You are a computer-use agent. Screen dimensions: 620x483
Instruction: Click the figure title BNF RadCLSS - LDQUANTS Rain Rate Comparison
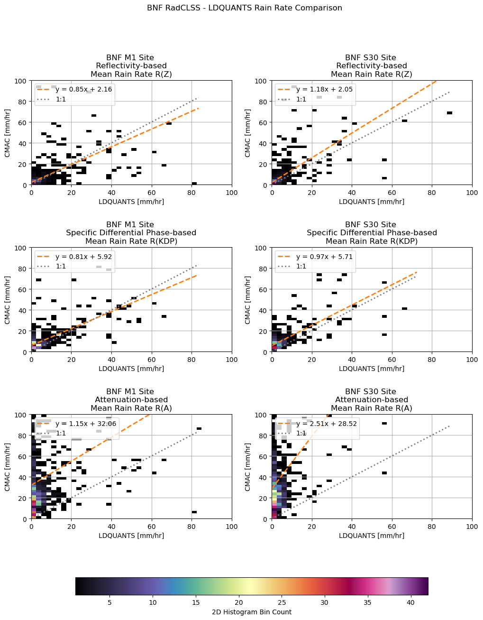(x=244, y=8)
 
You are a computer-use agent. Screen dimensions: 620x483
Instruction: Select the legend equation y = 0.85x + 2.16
(x=83, y=89)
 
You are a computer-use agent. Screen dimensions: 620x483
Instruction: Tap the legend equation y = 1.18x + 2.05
(x=324, y=89)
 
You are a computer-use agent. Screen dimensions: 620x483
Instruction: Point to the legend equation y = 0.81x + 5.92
(x=83, y=257)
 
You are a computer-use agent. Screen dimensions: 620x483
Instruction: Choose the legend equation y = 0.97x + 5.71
(x=324, y=257)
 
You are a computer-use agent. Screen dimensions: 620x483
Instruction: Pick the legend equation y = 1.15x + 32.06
(x=86, y=424)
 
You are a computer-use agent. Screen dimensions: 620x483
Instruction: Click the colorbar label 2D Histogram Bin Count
(x=251, y=612)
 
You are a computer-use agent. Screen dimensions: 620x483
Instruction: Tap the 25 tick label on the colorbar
(x=282, y=602)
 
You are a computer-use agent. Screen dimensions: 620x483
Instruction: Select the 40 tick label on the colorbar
(x=410, y=602)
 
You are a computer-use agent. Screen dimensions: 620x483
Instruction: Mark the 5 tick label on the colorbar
(x=109, y=602)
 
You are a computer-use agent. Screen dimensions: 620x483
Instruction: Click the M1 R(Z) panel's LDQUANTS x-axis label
(x=131, y=202)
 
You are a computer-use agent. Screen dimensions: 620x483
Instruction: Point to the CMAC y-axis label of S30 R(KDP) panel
(x=248, y=300)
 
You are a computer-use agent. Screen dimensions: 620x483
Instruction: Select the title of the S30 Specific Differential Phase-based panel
(x=372, y=233)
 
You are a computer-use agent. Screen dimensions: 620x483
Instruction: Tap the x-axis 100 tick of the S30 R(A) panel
(x=472, y=526)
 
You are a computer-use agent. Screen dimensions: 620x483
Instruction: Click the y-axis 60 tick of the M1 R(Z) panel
(x=23, y=122)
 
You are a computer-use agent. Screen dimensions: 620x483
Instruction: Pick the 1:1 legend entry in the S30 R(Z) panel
(x=301, y=100)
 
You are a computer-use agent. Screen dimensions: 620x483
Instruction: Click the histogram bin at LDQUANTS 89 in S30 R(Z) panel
(x=449, y=113)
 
